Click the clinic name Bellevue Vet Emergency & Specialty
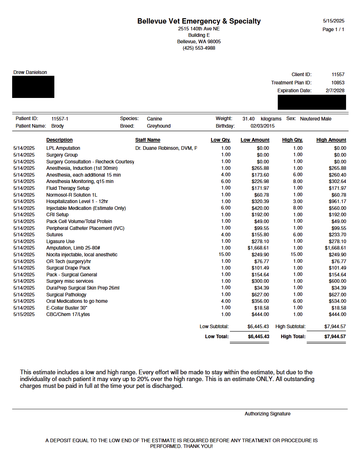point(199,21)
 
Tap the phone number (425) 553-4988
point(199,48)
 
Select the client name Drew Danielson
point(30,72)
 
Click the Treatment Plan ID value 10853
point(337,83)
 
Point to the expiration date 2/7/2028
point(335,90)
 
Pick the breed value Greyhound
point(158,126)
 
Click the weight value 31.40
point(248,119)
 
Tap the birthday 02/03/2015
point(262,126)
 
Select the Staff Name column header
point(148,140)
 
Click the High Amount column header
point(331,140)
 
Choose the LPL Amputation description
point(63,148)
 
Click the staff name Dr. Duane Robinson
point(166,148)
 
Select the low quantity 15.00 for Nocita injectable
point(225,254)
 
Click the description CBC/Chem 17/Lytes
point(68,314)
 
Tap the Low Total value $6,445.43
point(258,336)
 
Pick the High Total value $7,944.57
point(335,336)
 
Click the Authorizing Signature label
point(267,414)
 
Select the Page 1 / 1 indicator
point(333,29)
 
